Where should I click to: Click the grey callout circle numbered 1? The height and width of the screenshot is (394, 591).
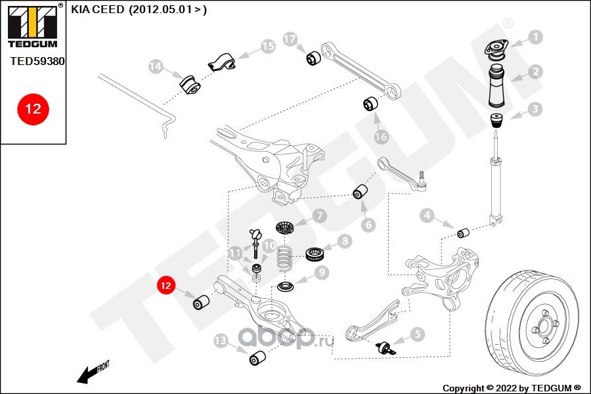pyautogui.click(x=536, y=37)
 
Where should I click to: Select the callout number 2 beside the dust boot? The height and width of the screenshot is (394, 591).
pyautogui.click(x=536, y=72)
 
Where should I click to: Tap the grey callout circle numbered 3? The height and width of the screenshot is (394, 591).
pyautogui.click(x=536, y=109)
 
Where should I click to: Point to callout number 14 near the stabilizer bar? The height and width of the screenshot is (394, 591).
pyautogui.click(x=156, y=66)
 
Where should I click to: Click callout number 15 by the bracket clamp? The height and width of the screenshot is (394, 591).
pyautogui.click(x=267, y=47)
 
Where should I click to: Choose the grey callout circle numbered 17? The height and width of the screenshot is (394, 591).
pyautogui.click(x=290, y=39)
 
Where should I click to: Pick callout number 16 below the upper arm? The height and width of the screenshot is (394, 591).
pyautogui.click(x=382, y=137)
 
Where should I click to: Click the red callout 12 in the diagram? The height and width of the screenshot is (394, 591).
pyautogui.click(x=165, y=286)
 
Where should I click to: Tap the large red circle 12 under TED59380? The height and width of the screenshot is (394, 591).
pyautogui.click(x=33, y=108)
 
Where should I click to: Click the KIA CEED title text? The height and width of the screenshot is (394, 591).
pyautogui.click(x=139, y=11)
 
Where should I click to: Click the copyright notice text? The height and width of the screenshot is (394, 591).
pyautogui.click(x=512, y=387)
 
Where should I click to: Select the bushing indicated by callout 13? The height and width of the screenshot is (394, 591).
pyautogui.click(x=257, y=359)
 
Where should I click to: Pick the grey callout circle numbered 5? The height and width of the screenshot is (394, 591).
pyautogui.click(x=418, y=334)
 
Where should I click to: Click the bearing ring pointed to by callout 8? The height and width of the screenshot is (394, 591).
pyautogui.click(x=318, y=252)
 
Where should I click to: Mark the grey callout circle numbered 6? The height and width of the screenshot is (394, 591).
pyautogui.click(x=368, y=225)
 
